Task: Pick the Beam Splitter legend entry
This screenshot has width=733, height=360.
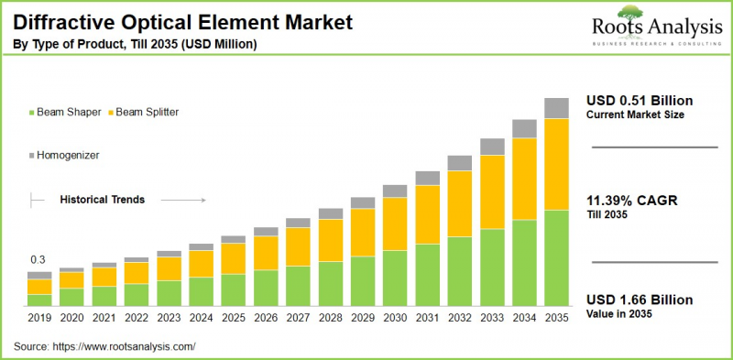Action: pyautogui.click(x=148, y=112)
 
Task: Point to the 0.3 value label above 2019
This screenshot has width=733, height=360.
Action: pyautogui.click(x=37, y=260)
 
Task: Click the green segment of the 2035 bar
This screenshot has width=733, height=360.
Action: pyautogui.click(x=556, y=257)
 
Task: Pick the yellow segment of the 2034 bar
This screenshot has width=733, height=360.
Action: pyautogui.click(x=524, y=179)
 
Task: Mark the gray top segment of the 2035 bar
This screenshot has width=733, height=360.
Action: pyautogui.click(x=556, y=108)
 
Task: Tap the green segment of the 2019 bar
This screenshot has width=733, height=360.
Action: pyautogui.click(x=39, y=300)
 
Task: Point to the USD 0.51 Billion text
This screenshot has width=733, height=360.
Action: pyautogui.click(x=640, y=100)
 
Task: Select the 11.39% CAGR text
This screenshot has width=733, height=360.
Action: pyautogui.click(x=631, y=201)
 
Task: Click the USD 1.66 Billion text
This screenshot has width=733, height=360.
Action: pyautogui.click(x=640, y=300)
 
